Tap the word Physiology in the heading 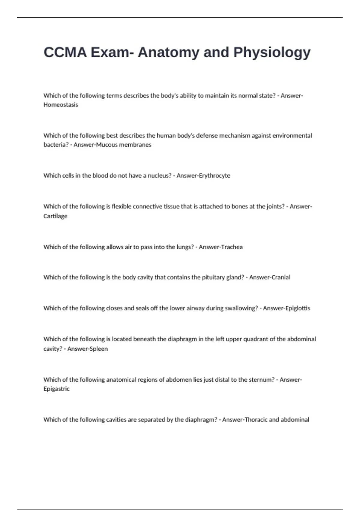272,53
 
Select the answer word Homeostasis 61,105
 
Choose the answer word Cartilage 55,216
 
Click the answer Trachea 231,247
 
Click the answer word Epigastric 56,389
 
